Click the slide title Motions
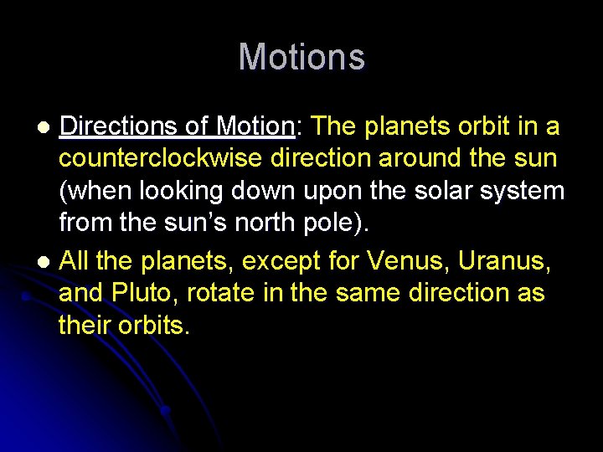click(301, 58)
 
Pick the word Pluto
click(142, 294)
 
